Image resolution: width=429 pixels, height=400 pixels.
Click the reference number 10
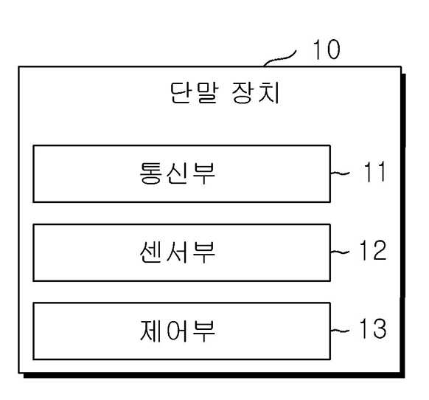coord(327,49)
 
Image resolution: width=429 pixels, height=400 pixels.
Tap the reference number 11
coord(375,171)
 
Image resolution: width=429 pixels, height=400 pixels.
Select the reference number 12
coord(373,250)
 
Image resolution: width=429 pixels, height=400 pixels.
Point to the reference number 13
coord(373,328)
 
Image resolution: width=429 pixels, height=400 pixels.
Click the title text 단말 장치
coord(225,93)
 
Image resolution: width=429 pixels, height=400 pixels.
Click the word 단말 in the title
coord(195,93)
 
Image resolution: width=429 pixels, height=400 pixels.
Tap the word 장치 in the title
coord(256,93)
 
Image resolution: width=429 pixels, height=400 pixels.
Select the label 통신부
coord(178,173)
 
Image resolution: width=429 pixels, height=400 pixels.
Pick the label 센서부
coord(178,252)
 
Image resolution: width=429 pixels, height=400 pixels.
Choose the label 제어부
coord(178,331)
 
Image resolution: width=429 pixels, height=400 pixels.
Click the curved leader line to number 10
coord(279,58)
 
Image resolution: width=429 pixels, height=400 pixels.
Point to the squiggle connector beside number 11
coord(340,173)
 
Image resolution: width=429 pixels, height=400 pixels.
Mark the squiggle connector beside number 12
coord(340,252)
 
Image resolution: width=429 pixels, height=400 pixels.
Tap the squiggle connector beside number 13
coord(340,331)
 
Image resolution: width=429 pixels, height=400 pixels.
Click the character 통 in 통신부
coord(150,173)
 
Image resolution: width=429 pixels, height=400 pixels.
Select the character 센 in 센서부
coord(150,252)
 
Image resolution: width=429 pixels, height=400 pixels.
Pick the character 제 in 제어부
coord(150,331)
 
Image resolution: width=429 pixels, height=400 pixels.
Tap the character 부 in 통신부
coord(204,173)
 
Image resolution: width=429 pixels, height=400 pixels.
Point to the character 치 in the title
coord(269,93)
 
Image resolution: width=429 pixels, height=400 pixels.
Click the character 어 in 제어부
coord(178,331)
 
